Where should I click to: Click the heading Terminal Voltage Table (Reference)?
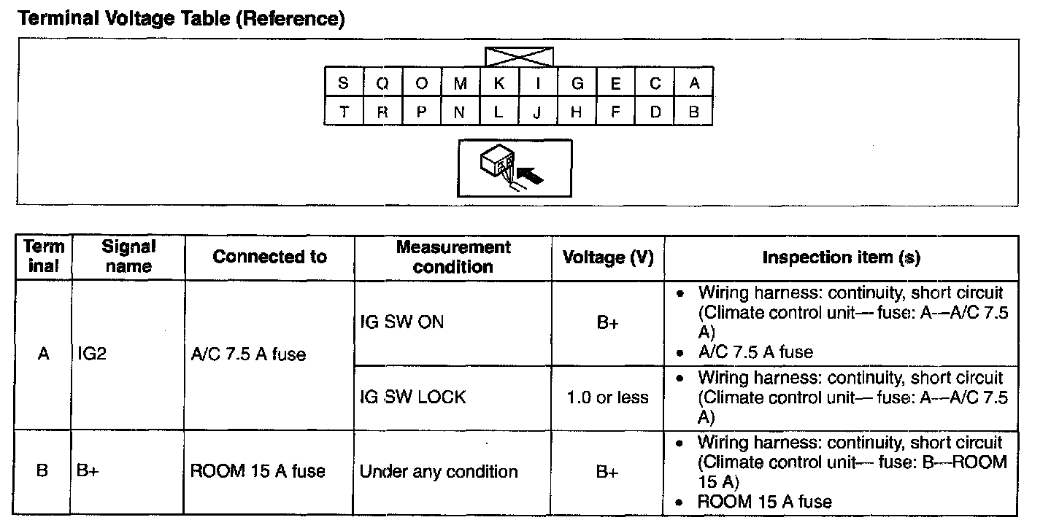(x=180, y=19)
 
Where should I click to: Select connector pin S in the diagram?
(x=343, y=84)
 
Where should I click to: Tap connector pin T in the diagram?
(x=343, y=112)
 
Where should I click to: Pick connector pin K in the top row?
(x=499, y=84)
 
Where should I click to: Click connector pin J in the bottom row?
(x=538, y=112)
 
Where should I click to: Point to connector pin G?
(x=577, y=84)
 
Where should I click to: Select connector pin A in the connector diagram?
(x=694, y=84)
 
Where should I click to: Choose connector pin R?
(x=382, y=112)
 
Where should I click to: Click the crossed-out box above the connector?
(x=519, y=57)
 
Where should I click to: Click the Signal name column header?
(x=128, y=257)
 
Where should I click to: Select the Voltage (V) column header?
(x=608, y=257)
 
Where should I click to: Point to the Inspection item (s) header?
(x=841, y=257)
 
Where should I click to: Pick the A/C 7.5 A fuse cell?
(x=248, y=355)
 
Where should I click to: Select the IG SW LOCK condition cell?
(x=412, y=397)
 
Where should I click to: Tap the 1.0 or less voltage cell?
(x=608, y=397)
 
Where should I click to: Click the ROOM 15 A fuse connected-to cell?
(x=258, y=471)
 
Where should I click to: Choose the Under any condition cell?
(x=439, y=472)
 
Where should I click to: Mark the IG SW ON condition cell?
(x=401, y=322)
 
